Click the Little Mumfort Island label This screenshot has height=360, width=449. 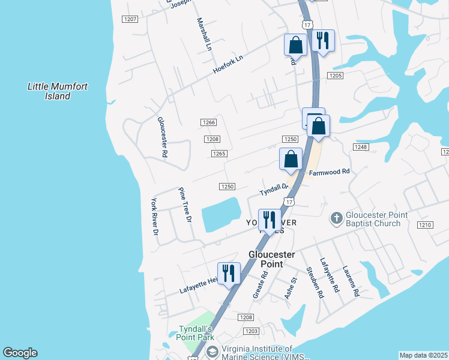click(x=58, y=91)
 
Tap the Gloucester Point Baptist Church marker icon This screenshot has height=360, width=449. click(x=337, y=219)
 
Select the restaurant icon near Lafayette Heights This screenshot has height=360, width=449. click(x=228, y=274)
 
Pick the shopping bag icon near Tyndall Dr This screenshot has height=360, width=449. click(x=291, y=160)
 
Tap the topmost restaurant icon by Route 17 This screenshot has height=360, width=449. click(x=323, y=41)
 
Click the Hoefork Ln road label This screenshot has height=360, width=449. click(x=229, y=65)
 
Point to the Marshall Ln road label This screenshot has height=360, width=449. click(x=204, y=34)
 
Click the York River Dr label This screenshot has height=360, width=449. click(x=154, y=217)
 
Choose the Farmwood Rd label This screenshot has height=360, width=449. click(x=329, y=172)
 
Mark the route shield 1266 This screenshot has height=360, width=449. click(x=208, y=122)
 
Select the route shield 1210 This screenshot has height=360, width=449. click(x=424, y=225)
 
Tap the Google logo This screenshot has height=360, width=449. click(x=20, y=353)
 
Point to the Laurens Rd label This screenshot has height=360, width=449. click(x=351, y=281)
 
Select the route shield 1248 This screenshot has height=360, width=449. click(x=360, y=147)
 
